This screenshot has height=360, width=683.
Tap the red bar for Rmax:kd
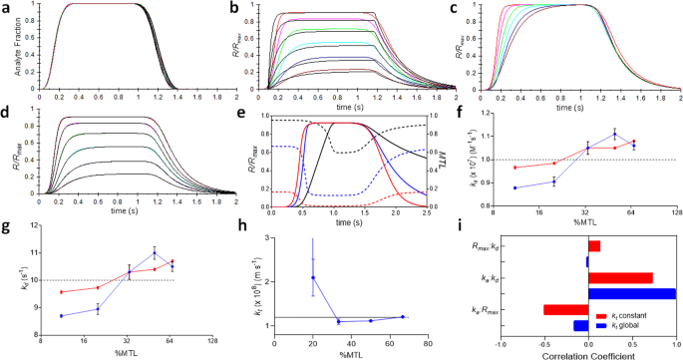point(593,245)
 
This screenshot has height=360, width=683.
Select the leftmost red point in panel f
point(515,168)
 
